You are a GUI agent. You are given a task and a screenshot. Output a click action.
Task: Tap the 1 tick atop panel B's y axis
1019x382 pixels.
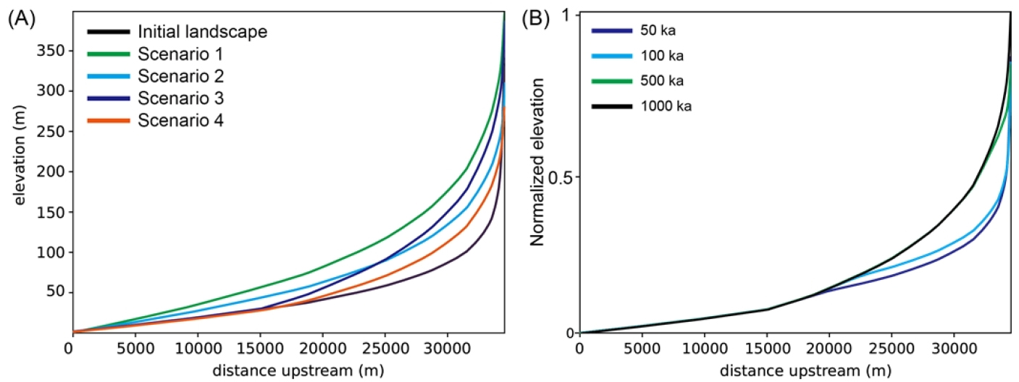pos(568,15)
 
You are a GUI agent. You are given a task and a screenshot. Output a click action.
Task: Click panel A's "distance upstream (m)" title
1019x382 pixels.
pos(289,370)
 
